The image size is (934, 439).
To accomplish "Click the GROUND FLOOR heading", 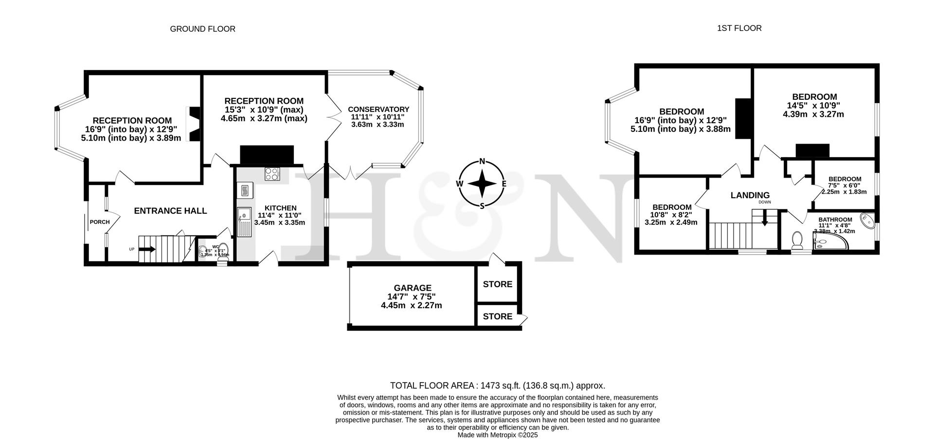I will click(202, 29).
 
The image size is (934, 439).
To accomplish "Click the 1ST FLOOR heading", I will click(739, 28).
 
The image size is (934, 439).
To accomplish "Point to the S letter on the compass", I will click(482, 205).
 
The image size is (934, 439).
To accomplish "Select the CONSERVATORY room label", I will click(378, 110).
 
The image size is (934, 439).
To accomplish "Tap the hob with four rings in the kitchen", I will click(272, 174).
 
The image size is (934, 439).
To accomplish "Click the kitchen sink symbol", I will click(243, 221).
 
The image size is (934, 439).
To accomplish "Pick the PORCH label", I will click(100, 222).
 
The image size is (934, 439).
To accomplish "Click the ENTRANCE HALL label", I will click(170, 211).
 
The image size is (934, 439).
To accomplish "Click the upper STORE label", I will click(497, 284).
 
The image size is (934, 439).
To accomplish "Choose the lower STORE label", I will click(497, 316).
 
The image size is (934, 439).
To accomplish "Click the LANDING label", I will click(750, 195).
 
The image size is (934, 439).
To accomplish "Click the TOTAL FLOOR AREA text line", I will click(497, 385).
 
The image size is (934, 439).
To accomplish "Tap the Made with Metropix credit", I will click(497, 435).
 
